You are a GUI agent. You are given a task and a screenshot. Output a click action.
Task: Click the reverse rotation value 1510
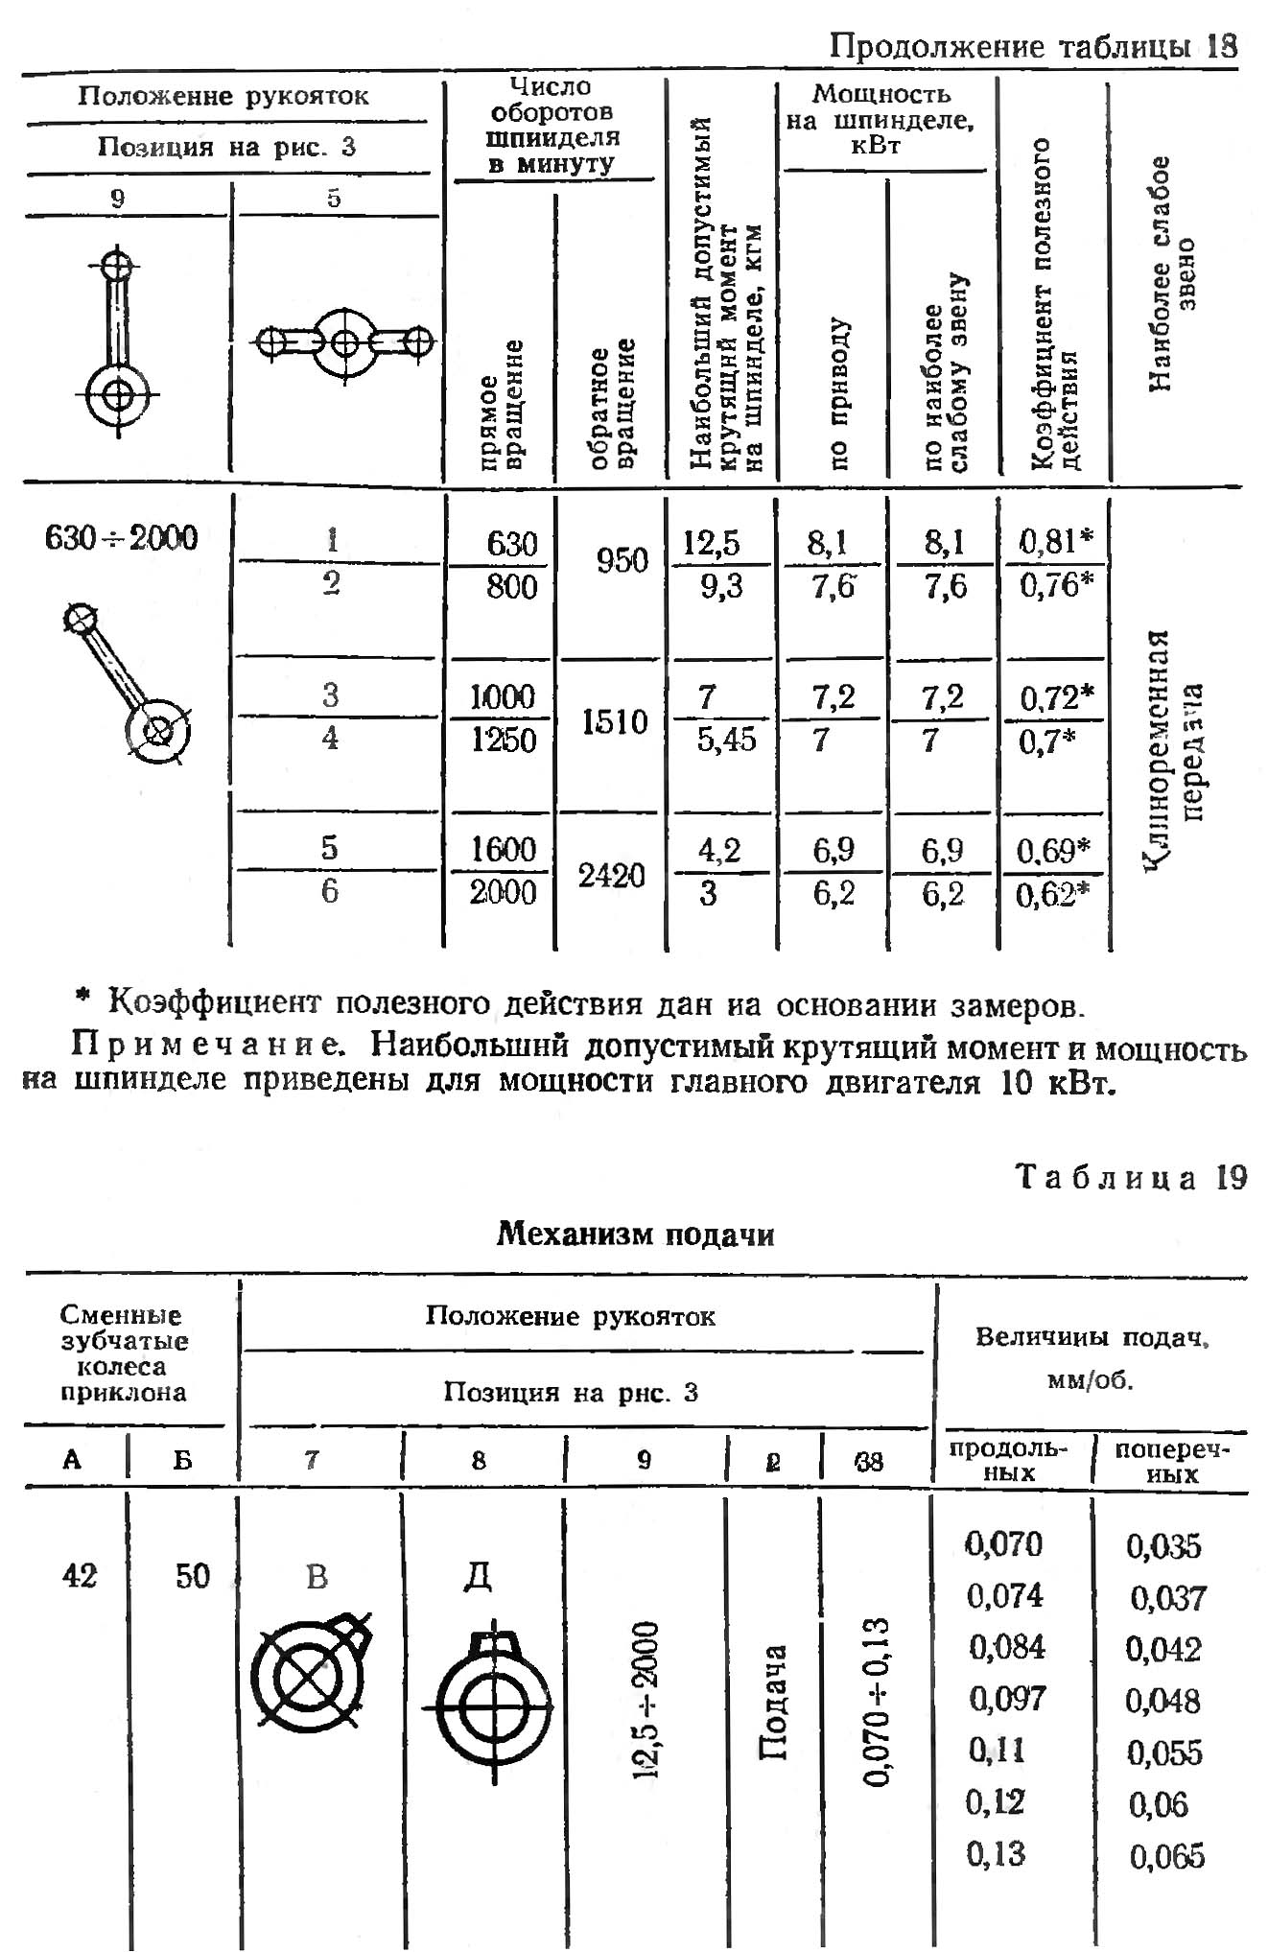pos(615,721)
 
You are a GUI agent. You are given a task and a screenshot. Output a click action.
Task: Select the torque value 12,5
pos(712,544)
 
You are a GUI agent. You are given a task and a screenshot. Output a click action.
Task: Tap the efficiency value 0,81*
pos(1055,542)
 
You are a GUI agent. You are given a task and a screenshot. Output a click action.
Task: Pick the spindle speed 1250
pos(504,740)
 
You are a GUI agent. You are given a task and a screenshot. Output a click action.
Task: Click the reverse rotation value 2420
pos(611,875)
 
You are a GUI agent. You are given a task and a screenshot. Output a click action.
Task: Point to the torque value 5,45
pos(726,740)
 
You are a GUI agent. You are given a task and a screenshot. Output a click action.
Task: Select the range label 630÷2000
pos(122,538)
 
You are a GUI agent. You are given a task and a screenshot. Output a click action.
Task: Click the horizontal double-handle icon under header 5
pos(343,342)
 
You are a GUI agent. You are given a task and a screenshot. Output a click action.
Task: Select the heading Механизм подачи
pos(635,1234)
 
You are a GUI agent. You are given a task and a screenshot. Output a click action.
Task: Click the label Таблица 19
pos(1131,1177)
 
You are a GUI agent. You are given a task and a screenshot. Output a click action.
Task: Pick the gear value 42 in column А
pos(80,1575)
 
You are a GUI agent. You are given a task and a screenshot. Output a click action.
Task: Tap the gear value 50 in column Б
pos(192,1575)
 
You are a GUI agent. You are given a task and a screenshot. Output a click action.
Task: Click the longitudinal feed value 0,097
pos(1006,1699)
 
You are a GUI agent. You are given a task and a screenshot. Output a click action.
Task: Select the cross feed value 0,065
pos(1166,1856)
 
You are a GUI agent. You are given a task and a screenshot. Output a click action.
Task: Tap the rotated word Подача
pos(773,1702)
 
